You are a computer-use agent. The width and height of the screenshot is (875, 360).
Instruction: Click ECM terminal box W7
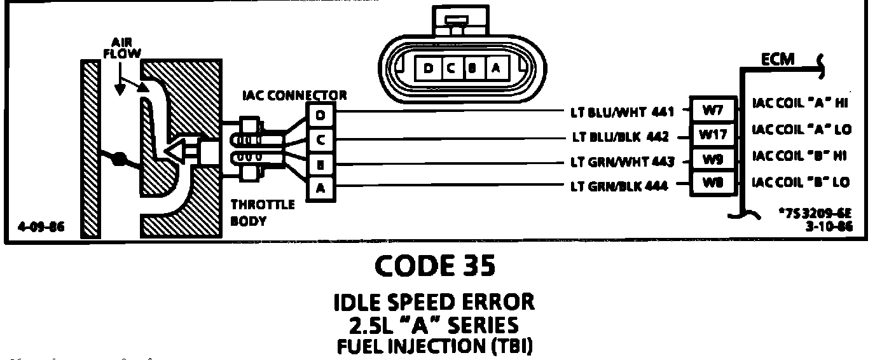711,110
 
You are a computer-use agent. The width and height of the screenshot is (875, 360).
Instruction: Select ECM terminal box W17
711,135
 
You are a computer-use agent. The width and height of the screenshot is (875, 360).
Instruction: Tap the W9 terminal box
711,159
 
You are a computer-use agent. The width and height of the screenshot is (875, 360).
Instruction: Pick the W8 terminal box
711,183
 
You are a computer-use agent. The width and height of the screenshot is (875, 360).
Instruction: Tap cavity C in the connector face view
449,69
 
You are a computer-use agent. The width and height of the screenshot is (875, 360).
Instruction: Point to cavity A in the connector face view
497,69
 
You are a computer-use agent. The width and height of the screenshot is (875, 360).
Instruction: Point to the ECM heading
778,59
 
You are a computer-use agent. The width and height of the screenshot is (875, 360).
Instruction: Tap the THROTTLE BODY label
262,214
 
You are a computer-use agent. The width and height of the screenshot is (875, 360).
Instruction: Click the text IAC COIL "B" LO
801,183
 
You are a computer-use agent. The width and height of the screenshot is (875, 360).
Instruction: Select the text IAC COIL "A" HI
801,103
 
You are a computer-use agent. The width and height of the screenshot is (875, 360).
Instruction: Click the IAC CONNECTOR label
294,96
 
